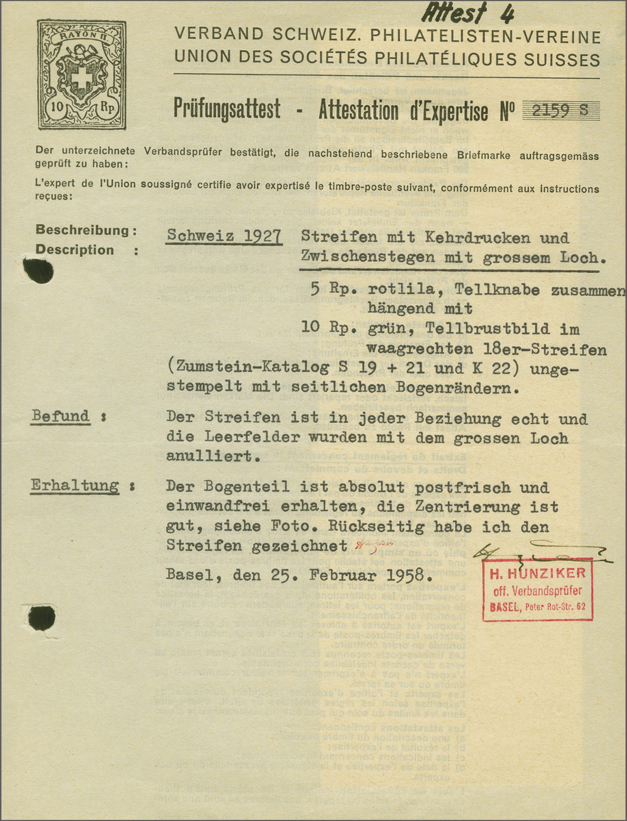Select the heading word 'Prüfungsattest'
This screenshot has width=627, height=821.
(227, 110)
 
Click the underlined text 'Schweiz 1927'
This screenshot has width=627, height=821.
(224, 236)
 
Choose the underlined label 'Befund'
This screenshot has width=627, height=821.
(61, 416)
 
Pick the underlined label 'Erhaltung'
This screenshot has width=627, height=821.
(75, 486)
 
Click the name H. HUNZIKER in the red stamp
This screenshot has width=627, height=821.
(538, 573)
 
